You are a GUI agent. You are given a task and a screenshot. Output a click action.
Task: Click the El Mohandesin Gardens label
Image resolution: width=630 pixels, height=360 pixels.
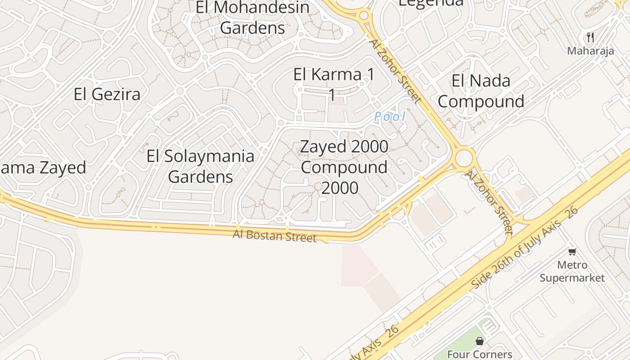(253, 18)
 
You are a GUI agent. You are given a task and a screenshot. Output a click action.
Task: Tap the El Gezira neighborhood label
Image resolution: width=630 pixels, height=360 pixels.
(107, 94)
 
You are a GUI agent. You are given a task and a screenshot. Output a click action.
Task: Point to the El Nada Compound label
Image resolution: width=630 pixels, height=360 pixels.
(481, 91)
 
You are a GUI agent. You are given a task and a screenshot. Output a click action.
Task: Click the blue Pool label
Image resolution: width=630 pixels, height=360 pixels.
(390, 117)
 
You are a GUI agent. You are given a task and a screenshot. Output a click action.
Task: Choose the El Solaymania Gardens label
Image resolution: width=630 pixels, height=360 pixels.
(201, 166)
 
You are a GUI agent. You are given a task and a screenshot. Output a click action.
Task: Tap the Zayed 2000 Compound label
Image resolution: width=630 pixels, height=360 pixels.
(344, 167)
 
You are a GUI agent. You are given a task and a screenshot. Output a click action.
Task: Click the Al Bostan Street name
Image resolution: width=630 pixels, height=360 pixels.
(274, 235)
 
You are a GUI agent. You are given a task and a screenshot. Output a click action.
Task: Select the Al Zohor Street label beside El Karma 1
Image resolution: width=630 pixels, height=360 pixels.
(395, 70)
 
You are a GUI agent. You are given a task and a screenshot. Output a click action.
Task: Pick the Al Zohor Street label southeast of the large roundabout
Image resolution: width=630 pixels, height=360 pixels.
(489, 202)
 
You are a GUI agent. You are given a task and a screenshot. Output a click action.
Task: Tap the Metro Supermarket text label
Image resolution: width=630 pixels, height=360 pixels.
(572, 271)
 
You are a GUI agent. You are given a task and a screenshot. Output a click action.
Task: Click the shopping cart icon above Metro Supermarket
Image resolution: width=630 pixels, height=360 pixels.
(572, 252)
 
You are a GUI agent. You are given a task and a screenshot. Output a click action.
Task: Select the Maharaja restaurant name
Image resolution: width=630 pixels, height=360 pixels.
(590, 51)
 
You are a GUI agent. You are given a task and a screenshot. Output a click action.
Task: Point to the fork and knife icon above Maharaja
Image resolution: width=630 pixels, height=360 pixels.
(590, 37)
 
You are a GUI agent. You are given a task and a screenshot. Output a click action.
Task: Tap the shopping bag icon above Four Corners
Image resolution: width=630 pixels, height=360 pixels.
(480, 341)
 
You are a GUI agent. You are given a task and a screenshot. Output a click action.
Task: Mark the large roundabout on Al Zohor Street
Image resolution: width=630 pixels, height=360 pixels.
(464, 158)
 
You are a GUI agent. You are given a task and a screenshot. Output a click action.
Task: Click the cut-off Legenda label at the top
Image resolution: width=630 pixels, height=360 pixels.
(431, 3)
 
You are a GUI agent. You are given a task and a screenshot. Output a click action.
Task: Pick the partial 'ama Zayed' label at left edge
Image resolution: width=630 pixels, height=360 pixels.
(43, 168)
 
